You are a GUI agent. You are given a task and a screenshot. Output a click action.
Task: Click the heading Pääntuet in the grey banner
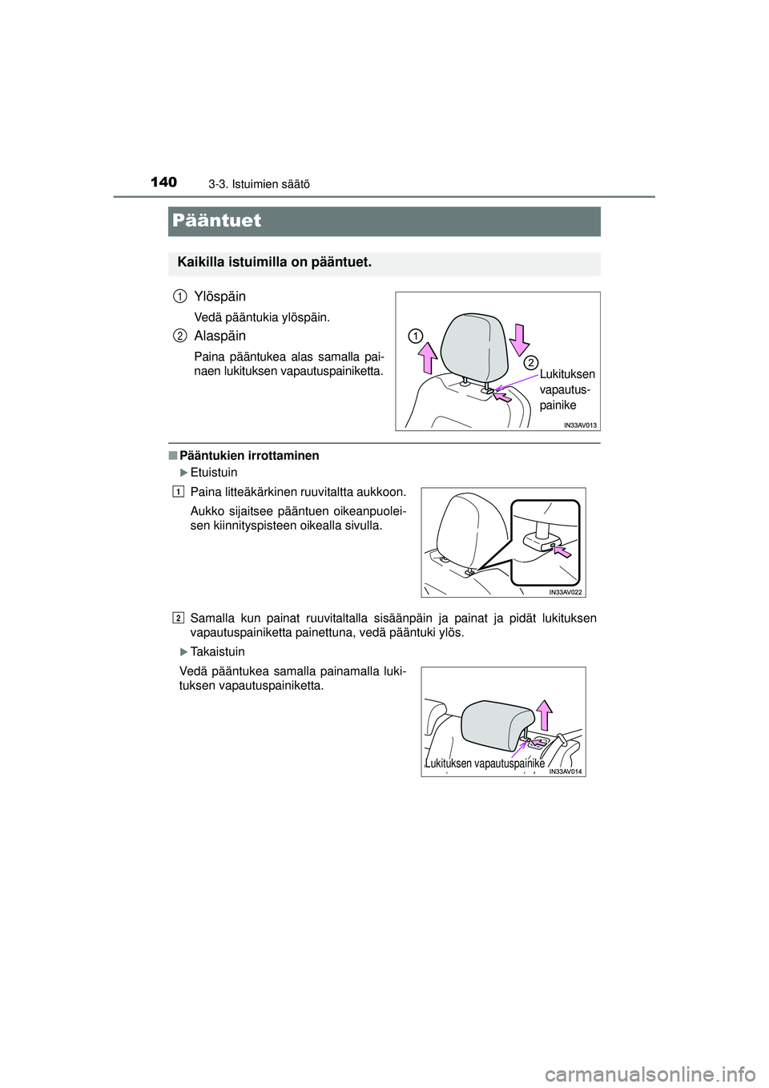216,220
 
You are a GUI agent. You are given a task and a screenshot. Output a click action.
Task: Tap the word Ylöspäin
219,296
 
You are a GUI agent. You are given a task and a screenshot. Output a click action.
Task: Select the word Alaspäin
219,336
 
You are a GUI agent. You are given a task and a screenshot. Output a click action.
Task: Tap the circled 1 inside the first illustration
414,334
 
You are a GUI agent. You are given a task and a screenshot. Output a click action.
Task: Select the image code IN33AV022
566,591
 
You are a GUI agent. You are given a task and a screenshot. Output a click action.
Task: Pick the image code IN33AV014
566,771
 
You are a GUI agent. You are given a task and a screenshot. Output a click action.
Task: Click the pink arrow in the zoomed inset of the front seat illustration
564,552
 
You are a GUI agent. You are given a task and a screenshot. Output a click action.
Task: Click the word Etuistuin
214,473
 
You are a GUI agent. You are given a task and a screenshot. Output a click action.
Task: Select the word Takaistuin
218,651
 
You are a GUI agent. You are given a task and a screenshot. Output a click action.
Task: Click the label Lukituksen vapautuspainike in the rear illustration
485,764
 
